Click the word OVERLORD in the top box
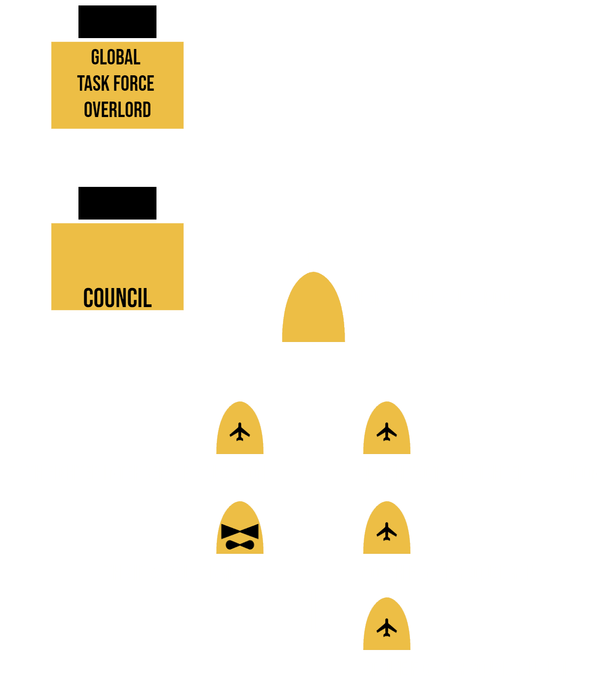click(x=117, y=110)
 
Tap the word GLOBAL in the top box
click(x=116, y=58)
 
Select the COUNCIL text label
click(x=117, y=298)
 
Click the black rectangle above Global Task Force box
click(x=117, y=21)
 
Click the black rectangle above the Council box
click(x=117, y=203)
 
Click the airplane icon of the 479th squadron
click(x=240, y=432)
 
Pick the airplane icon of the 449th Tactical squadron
click(x=386, y=432)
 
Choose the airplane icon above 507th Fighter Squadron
click(x=386, y=532)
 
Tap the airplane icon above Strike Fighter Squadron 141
click(x=386, y=628)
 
